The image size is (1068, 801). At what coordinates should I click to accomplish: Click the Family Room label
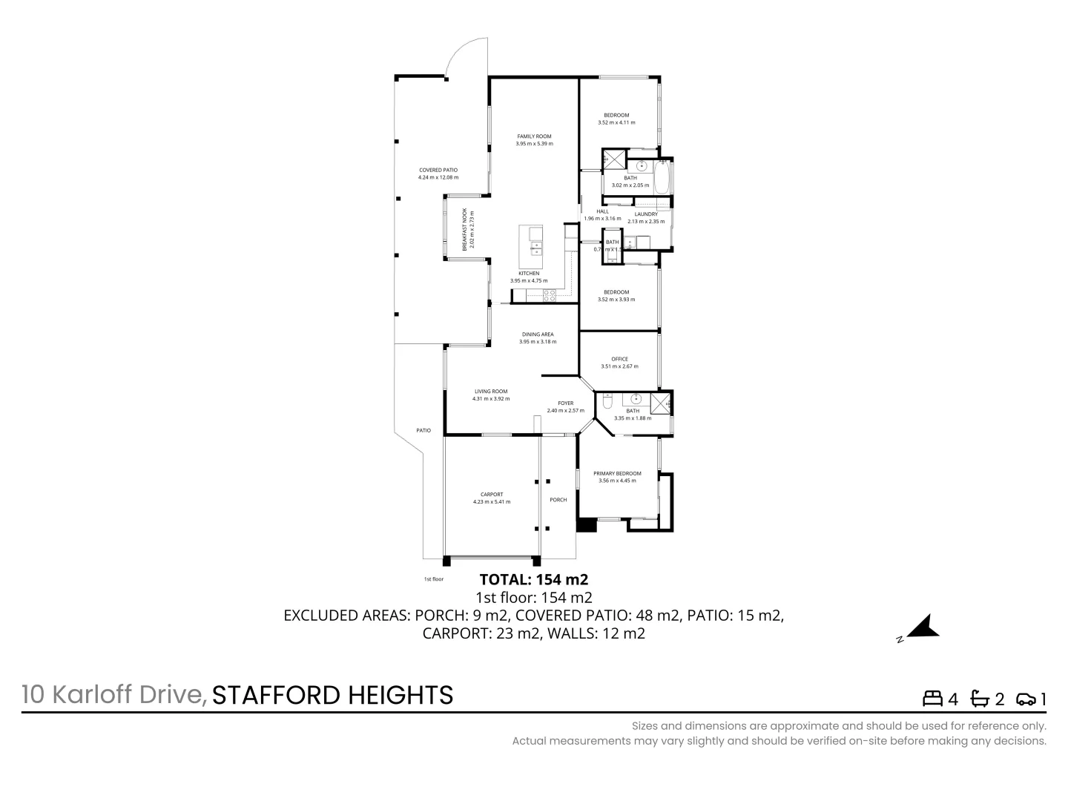tap(534, 136)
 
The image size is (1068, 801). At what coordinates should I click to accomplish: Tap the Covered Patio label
tap(438, 170)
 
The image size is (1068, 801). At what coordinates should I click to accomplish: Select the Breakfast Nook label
tap(465, 229)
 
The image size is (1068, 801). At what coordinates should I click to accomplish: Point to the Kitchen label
tap(529, 274)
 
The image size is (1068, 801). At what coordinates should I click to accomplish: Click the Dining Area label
tap(536, 334)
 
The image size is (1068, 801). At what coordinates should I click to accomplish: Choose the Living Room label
tap(491, 392)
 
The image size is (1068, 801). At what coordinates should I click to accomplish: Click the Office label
tap(619, 359)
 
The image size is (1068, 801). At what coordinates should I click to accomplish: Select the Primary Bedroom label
tap(617, 473)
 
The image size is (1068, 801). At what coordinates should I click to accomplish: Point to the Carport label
tap(491, 495)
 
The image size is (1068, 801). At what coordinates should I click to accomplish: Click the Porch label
tap(558, 500)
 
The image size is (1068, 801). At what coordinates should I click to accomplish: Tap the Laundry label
tap(646, 214)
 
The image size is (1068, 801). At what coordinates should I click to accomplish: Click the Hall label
tap(602, 211)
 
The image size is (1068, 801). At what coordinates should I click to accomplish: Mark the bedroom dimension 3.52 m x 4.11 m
tap(616, 122)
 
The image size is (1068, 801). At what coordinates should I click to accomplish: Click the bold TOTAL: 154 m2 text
tap(534, 579)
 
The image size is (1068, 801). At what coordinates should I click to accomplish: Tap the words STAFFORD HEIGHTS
tap(332, 695)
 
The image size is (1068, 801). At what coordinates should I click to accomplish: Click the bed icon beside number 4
tap(932, 699)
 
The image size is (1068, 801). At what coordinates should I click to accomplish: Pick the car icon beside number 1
tap(1026, 699)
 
